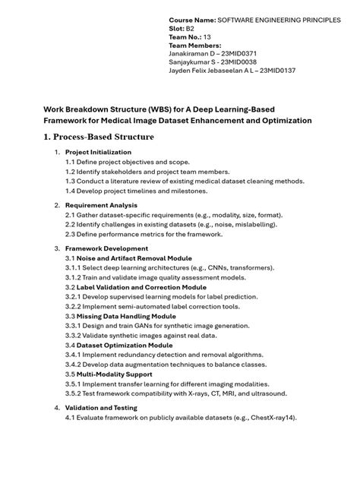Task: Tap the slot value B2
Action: click(x=190, y=28)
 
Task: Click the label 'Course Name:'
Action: click(x=191, y=17)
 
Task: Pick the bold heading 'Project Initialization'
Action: click(x=98, y=152)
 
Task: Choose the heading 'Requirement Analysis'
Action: click(x=101, y=205)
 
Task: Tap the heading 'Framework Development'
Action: click(x=106, y=248)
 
